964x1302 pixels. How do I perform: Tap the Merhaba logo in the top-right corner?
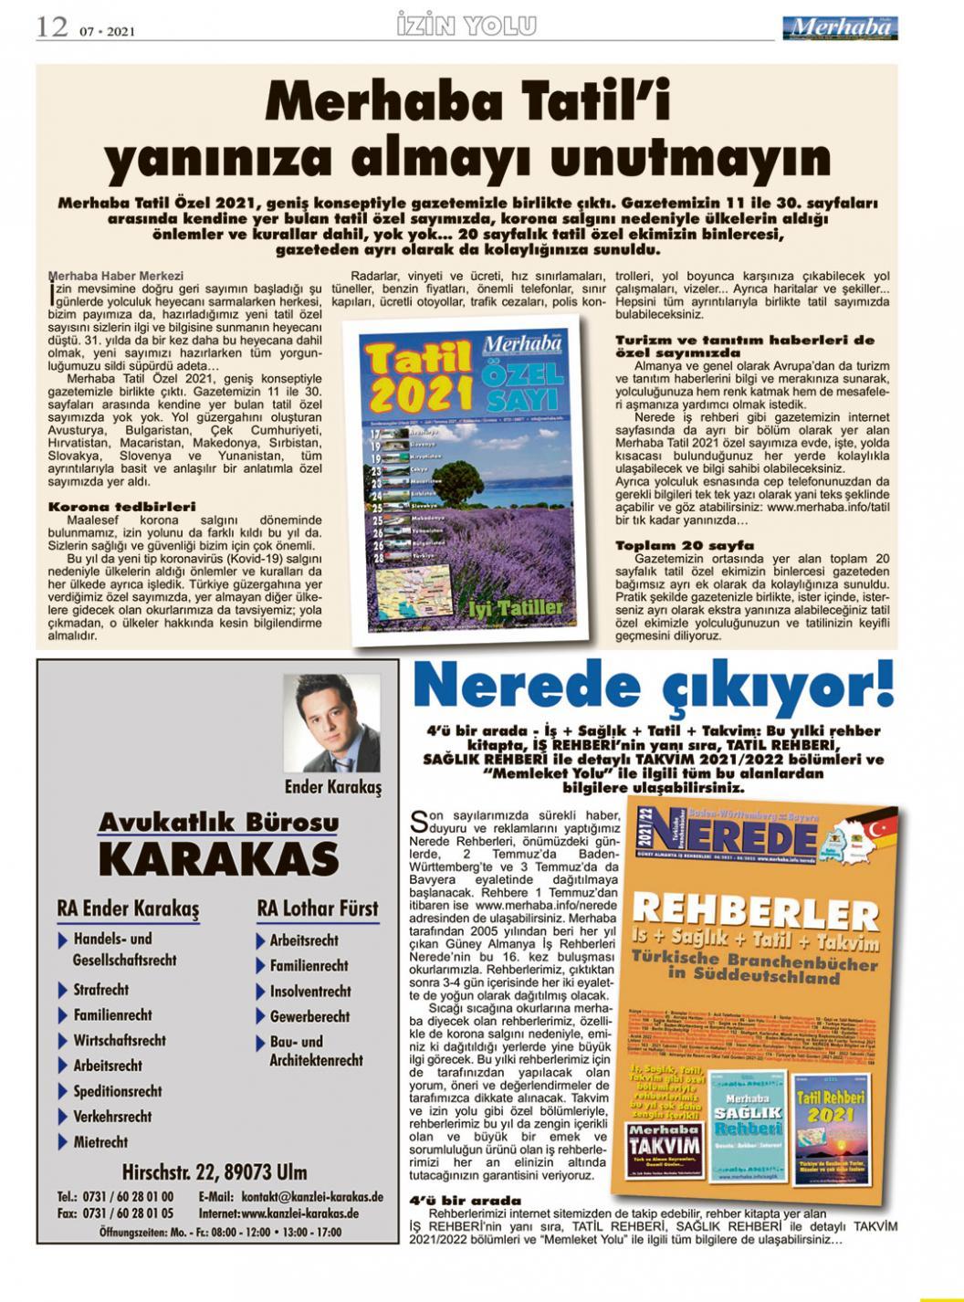[841, 27]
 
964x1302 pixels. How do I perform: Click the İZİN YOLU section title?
[466, 26]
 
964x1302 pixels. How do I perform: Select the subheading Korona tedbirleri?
[121, 506]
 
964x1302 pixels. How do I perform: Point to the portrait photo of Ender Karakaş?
[331, 723]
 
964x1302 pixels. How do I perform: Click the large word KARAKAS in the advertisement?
[218, 859]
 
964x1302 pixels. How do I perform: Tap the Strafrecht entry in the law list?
[100, 990]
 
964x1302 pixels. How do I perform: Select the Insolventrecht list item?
[309, 991]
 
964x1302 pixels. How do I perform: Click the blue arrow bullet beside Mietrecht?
[63, 1142]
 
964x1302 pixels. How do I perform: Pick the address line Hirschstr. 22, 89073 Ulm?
[214, 1172]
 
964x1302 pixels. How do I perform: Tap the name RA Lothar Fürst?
[317, 908]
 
